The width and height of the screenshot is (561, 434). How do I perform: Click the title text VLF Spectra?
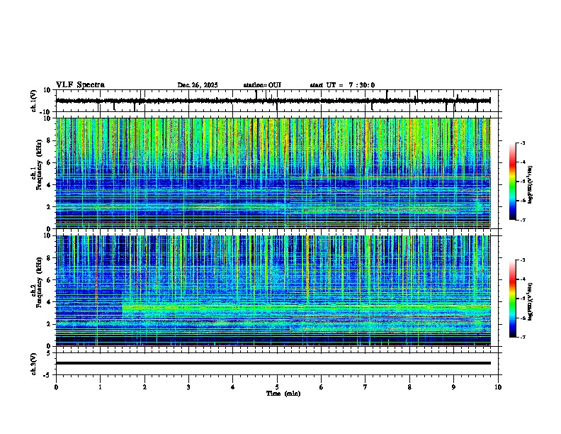tap(80, 84)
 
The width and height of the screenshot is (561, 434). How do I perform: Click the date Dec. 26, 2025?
tap(198, 85)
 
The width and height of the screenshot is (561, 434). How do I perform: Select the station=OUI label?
tap(262, 85)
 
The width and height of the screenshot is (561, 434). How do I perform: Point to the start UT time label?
tap(342, 85)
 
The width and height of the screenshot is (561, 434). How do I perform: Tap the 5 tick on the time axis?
tap(277, 387)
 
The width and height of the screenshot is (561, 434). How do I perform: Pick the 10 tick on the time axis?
tap(499, 387)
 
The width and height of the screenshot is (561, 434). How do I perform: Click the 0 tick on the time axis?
tap(56, 387)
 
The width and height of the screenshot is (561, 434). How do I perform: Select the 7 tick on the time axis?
tap(365, 387)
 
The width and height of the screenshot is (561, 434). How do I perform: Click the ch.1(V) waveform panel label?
tap(33, 101)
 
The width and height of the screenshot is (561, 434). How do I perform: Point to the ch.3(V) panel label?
tap(33, 363)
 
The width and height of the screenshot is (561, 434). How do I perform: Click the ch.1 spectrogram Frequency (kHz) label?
tap(35, 174)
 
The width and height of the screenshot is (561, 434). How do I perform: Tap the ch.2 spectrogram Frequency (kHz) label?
tap(35, 291)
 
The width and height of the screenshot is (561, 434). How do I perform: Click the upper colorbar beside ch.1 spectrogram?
tap(513, 182)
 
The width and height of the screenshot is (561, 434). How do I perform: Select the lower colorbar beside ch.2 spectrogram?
tap(513, 299)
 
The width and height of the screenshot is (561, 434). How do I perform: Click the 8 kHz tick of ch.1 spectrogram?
tap(50, 140)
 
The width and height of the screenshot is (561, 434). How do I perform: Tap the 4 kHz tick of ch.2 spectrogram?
tap(50, 302)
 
